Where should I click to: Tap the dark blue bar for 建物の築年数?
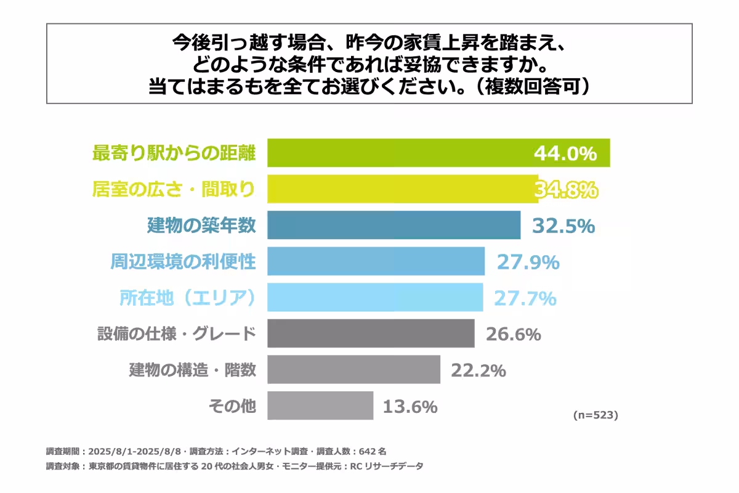[x=394, y=226]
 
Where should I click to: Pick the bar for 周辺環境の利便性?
[x=376, y=262]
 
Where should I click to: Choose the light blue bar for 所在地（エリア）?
[x=375, y=298]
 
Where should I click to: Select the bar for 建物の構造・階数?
[x=353, y=370]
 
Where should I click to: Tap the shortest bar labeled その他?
[x=320, y=406]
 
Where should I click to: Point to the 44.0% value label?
[x=565, y=153]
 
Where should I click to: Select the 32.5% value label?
[x=563, y=226]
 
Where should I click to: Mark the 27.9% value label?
[x=528, y=263]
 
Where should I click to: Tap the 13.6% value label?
[x=410, y=407]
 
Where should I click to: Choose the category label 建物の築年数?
[x=201, y=226]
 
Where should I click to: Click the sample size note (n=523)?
[x=595, y=415]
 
